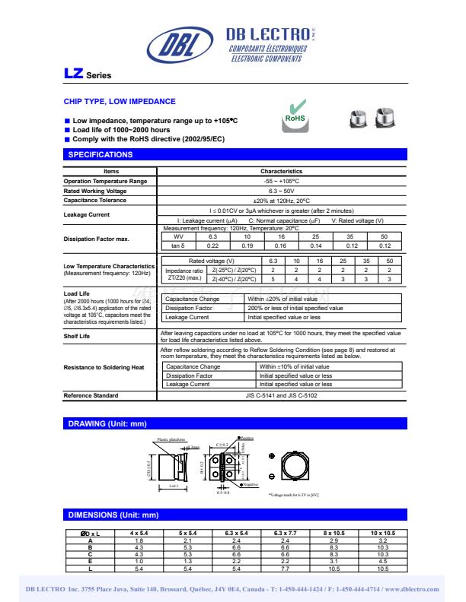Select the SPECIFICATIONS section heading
(x=101, y=155)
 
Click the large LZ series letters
(x=73, y=74)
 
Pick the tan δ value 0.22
(x=212, y=246)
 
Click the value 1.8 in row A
(x=139, y=540)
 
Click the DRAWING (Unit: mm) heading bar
(x=107, y=423)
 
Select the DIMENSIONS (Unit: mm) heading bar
(x=113, y=515)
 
